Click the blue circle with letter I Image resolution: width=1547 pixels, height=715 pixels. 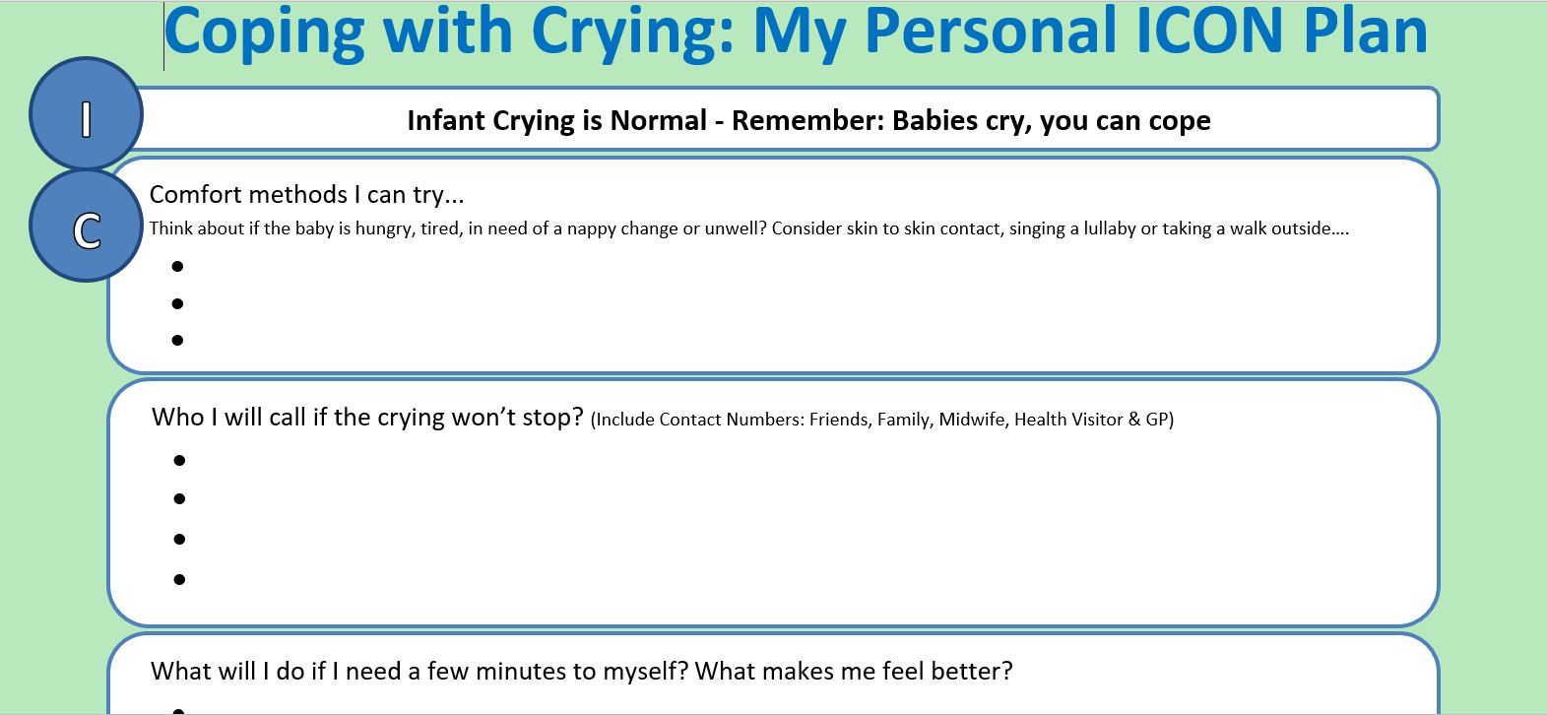point(87,113)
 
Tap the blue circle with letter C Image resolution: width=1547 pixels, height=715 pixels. point(87,226)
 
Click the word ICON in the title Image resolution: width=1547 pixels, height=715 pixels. point(1209,32)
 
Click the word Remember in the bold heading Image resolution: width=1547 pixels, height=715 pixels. point(808,120)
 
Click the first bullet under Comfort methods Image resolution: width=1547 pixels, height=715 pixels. point(177,266)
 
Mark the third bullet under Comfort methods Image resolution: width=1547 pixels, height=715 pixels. point(177,340)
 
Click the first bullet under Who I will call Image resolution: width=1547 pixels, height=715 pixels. point(179,460)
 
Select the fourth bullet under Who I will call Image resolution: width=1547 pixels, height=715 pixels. point(179,579)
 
